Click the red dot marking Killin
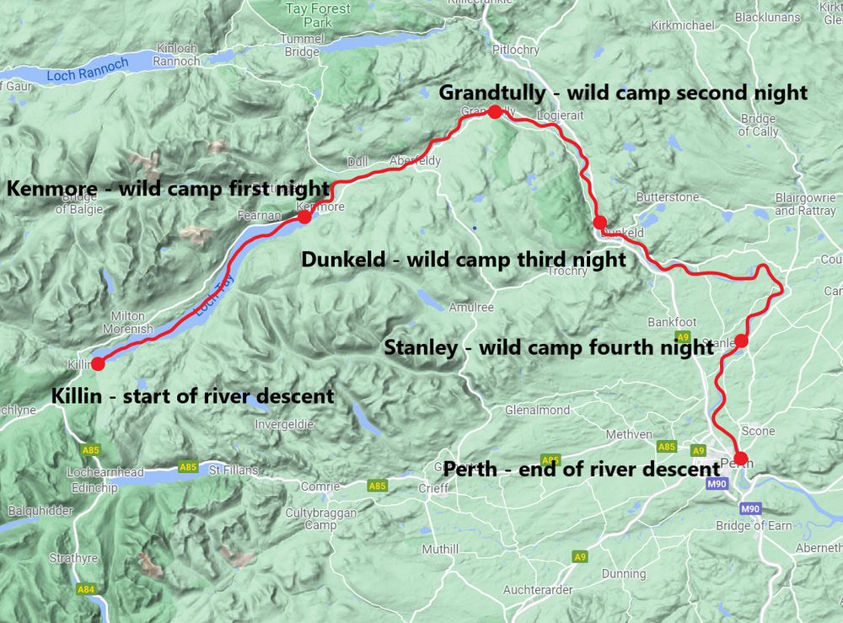point(98,364)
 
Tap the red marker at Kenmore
point(304,218)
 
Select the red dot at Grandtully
point(495,111)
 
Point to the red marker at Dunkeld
point(599,223)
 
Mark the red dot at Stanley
point(741,341)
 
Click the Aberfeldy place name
point(415,161)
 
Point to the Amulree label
point(471,308)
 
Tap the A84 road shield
point(85,588)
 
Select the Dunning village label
point(624,574)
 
